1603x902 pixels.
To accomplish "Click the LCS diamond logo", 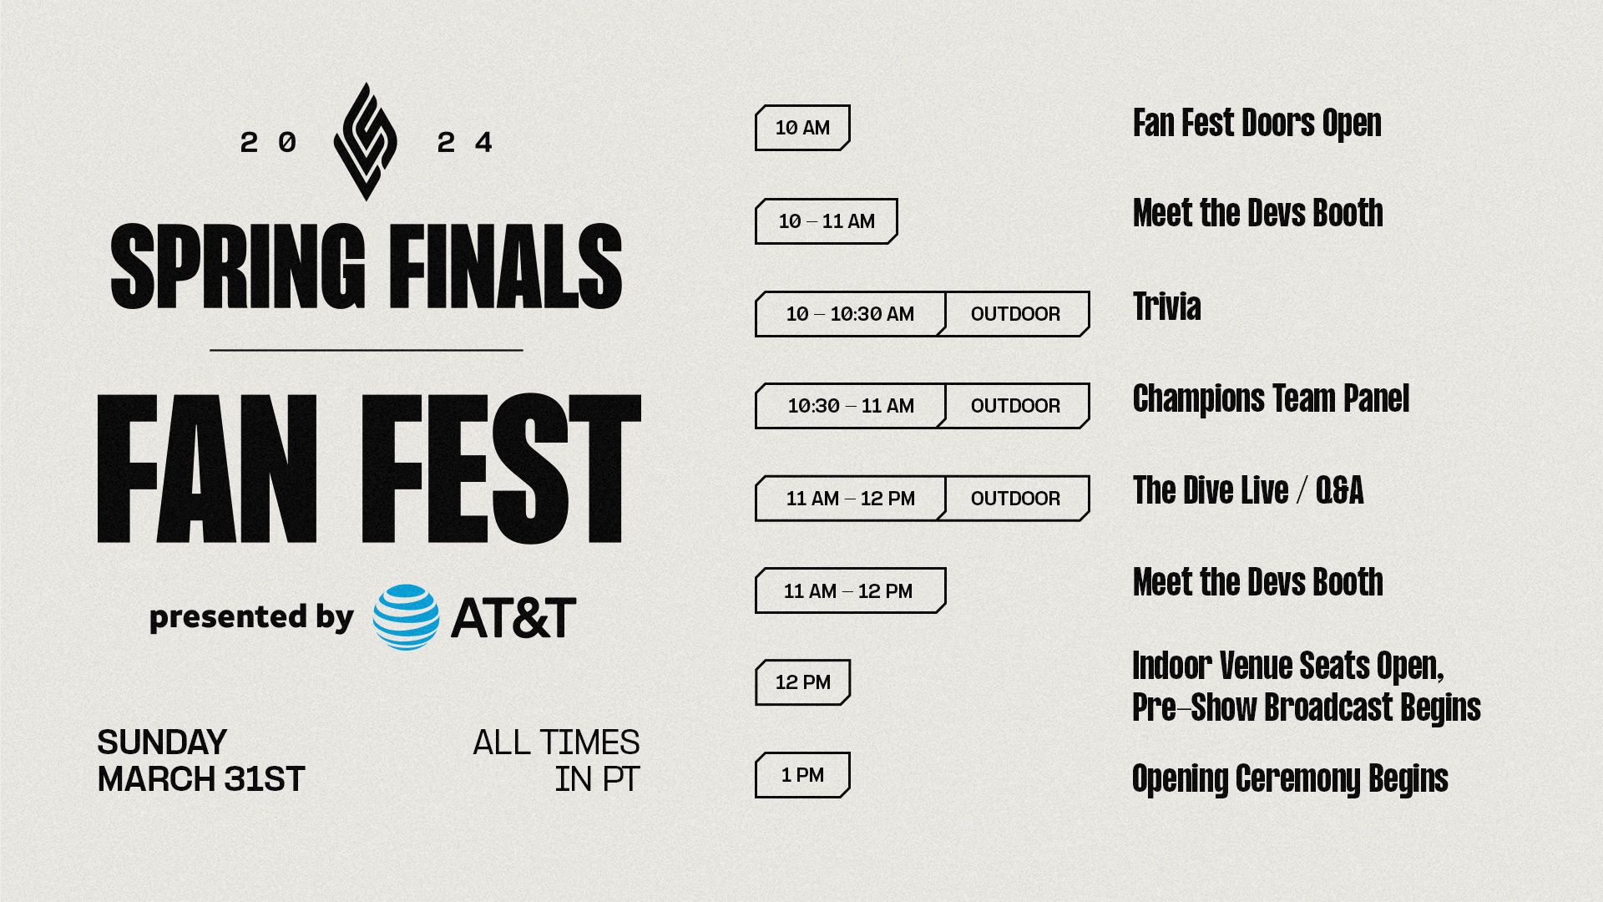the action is (365, 141).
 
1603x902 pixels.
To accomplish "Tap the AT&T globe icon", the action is (406, 617).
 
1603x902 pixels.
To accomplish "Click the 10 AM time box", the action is (802, 128).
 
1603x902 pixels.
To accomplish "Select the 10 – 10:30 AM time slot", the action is (850, 314).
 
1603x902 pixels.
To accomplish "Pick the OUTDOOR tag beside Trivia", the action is (1016, 314).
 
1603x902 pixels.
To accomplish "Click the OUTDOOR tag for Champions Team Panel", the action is (1016, 406).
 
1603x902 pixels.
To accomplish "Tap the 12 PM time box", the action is (802, 682).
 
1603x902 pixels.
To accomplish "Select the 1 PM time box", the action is (802, 775).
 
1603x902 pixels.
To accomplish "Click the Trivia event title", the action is (1166, 307).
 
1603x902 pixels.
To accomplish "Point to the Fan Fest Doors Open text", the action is (1257, 124).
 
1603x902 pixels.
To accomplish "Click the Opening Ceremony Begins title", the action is (1290, 779).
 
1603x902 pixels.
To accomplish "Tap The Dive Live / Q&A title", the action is (1248, 490).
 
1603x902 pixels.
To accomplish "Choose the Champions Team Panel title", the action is (1271, 398).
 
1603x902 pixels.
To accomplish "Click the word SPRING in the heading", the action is (238, 266).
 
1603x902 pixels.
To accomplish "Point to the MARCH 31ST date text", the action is (201, 779).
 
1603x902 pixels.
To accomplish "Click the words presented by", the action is (251, 616).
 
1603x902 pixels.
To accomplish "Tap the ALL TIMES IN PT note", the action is (556, 761).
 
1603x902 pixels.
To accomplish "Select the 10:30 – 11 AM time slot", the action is (850, 406).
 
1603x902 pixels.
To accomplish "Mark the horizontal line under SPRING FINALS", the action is (367, 350).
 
